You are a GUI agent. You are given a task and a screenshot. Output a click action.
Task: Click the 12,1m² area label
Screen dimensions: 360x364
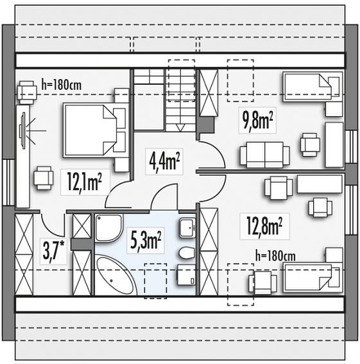tap(84, 182)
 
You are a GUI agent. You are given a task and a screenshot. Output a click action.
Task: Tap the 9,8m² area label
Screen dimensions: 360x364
tap(257, 120)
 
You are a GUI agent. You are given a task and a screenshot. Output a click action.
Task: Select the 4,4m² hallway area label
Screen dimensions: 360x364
tap(164, 161)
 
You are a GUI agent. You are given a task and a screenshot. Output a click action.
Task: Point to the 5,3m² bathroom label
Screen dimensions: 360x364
tap(146, 240)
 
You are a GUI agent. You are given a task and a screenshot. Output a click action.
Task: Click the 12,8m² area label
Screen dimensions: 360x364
tap(264, 226)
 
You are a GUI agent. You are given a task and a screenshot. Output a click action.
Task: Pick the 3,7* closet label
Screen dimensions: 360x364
tap(54, 251)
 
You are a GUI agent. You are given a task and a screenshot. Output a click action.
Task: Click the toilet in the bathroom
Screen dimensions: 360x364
tap(187, 253)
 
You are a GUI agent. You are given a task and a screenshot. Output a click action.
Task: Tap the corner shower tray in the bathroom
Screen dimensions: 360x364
tap(108, 228)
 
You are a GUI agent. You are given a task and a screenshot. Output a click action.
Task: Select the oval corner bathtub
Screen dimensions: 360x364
tap(115, 275)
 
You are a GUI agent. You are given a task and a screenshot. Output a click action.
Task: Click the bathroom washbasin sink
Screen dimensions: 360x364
tap(187, 228)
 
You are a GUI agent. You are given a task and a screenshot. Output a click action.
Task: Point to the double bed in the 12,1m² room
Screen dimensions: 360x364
tap(95, 131)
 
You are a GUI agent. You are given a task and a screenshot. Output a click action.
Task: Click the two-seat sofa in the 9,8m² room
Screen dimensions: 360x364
tap(265, 155)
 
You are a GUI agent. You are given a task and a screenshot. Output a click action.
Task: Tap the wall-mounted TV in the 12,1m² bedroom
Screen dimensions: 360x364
tap(22, 131)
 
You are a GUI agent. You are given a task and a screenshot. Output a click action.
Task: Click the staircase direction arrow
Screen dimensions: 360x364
tap(180, 128)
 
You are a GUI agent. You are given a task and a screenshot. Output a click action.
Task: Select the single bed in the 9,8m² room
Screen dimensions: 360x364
tap(313, 87)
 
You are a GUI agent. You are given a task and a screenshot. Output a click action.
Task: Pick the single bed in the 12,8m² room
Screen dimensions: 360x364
tap(313, 277)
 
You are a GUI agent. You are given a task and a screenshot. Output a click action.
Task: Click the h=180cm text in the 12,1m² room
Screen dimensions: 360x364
tap(62, 85)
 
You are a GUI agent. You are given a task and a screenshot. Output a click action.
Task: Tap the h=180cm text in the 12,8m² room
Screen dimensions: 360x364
tap(275, 256)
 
